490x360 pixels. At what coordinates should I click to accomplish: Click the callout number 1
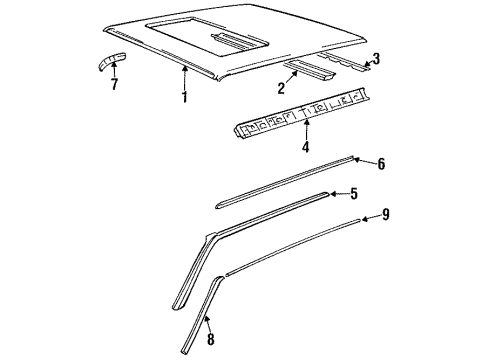point(184,97)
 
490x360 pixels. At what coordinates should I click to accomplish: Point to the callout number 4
point(304,148)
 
